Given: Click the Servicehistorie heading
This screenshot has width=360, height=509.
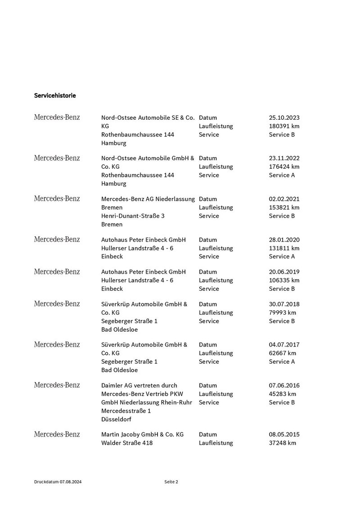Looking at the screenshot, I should tap(55, 95).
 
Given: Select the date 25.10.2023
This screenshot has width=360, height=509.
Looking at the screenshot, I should tap(284, 117).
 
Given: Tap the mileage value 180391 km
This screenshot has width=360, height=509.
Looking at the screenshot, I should tap(284, 126).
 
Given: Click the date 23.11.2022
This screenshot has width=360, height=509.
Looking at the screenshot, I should tap(284, 158).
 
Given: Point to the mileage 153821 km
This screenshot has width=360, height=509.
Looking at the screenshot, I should tap(284, 207).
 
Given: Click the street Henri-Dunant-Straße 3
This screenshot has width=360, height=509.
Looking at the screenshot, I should tap(133, 216).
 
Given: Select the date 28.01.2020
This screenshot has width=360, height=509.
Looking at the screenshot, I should tap(284, 240).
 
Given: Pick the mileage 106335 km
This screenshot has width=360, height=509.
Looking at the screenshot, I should tap(284, 280).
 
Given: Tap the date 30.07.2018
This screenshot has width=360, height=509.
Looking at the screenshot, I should tap(284, 304).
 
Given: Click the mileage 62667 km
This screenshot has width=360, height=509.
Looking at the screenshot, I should tap(283, 353).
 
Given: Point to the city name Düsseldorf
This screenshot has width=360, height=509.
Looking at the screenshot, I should tap(117, 419).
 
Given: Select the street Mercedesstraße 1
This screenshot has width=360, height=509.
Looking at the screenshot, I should tap(126, 411).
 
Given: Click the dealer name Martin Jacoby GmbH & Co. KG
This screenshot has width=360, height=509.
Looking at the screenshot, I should tap(142, 435).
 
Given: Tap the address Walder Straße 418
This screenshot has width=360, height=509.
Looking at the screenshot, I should tap(127, 443).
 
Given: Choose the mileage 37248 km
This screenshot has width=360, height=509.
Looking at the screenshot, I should tap(283, 443).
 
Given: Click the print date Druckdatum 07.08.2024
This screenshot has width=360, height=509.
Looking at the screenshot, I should tap(58, 482).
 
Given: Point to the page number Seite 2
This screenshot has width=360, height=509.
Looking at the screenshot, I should tap(171, 482).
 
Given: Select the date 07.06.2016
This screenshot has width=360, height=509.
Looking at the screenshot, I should tap(284, 386).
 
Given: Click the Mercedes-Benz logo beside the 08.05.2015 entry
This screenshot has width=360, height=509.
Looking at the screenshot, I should tap(57, 435).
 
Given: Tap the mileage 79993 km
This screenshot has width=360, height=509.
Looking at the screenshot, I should tap(283, 313).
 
